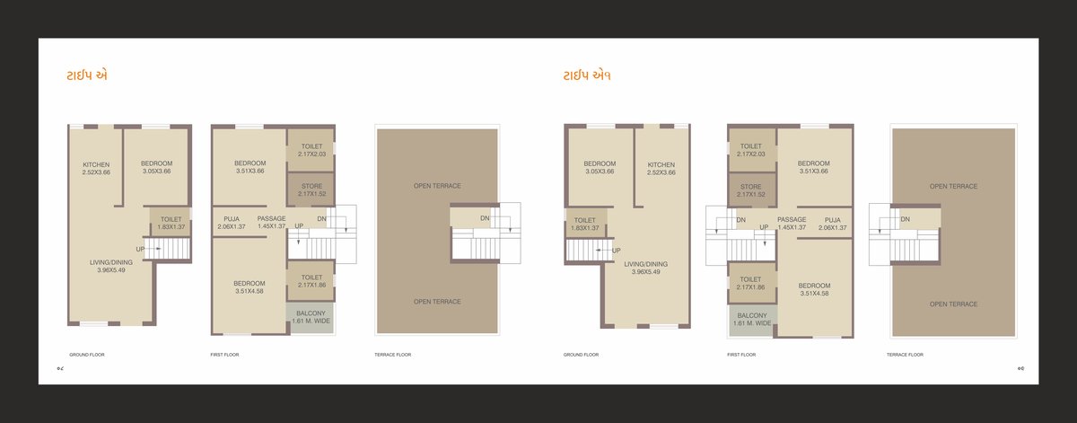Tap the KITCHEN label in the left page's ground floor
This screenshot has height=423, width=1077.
96,165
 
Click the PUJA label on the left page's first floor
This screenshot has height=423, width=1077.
230,218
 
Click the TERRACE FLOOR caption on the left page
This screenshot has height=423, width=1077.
392,355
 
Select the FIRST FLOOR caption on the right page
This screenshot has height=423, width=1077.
740,355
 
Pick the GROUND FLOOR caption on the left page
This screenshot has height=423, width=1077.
87,355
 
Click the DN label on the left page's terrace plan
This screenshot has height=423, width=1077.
485,218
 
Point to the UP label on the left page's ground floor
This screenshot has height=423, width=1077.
140,249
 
